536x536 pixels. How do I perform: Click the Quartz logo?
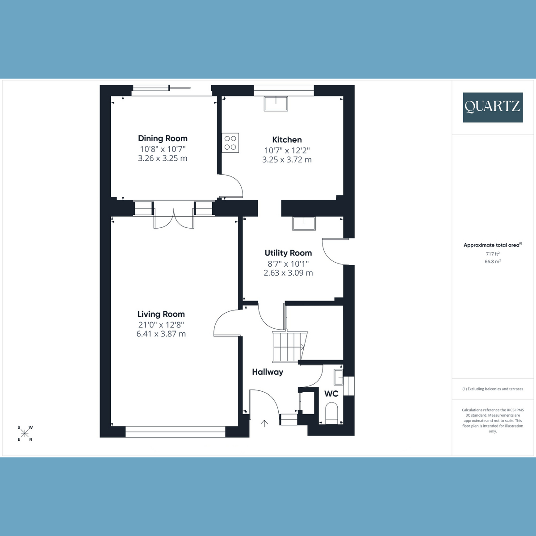point(493,107)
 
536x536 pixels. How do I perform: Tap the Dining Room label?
point(163,138)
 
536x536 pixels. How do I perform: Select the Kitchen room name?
point(287,140)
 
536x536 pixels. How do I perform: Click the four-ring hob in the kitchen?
point(230,143)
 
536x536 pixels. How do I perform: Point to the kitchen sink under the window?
point(276,104)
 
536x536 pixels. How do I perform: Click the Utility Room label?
point(288,253)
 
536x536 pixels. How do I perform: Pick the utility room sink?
point(304,223)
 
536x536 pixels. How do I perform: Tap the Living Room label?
point(161,314)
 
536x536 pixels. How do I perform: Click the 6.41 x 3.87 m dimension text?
point(161,334)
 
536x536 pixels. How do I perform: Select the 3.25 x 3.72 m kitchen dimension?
point(287,159)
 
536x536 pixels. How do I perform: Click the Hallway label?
point(268,372)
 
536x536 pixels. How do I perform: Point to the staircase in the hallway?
point(289,346)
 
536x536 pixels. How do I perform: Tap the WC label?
point(331,394)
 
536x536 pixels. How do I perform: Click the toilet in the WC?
point(332,413)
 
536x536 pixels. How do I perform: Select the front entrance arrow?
point(264,423)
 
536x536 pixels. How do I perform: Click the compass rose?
point(25,433)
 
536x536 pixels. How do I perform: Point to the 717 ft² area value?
point(493,254)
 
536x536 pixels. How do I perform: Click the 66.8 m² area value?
point(493,262)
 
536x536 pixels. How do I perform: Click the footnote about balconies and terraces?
point(493,389)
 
